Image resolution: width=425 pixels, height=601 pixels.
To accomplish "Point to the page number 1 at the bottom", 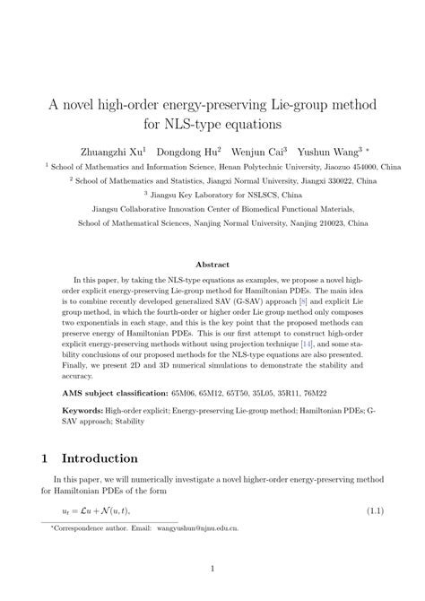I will pyautogui.click(x=212, y=568).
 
